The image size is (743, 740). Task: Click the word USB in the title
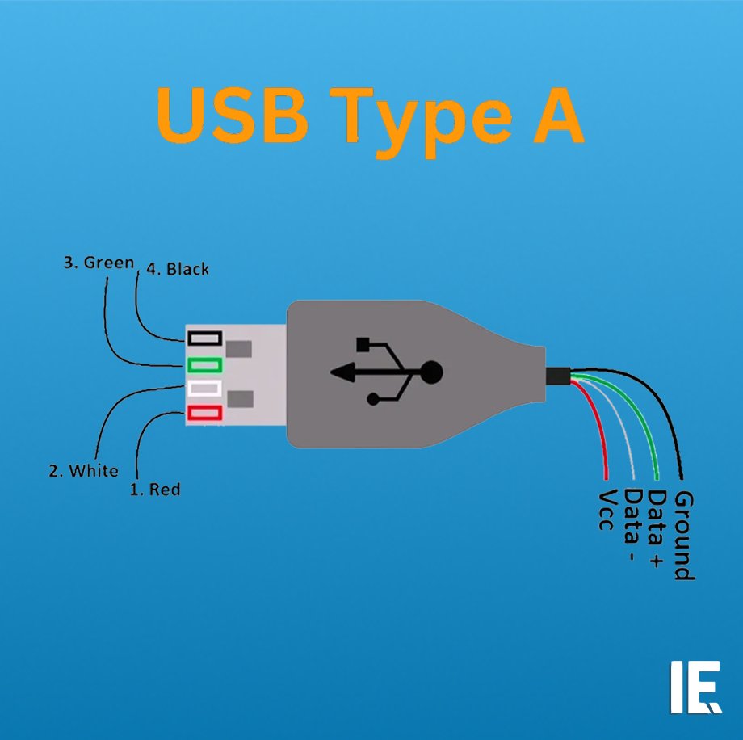pyautogui.click(x=231, y=116)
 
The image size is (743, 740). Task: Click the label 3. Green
pyautogui.click(x=99, y=263)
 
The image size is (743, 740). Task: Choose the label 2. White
pyautogui.click(x=83, y=470)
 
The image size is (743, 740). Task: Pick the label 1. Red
pyautogui.click(x=155, y=489)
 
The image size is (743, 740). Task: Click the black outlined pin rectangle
pyautogui.click(x=204, y=338)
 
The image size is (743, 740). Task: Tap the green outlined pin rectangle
pyautogui.click(x=204, y=364)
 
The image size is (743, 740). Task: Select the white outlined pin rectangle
pyautogui.click(x=204, y=388)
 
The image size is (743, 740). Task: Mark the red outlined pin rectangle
pyautogui.click(x=204, y=413)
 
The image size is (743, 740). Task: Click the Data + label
pyautogui.click(x=657, y=528)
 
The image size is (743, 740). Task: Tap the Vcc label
pyautogui.click(x=608, y=509)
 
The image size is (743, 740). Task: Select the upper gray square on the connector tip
pyautogui.click(x=240, y=350)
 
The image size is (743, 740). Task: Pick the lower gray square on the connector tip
pyautogui.click(x=240, y=399)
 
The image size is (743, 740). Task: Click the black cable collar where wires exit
pyautogui.click(x=557, y=375)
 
